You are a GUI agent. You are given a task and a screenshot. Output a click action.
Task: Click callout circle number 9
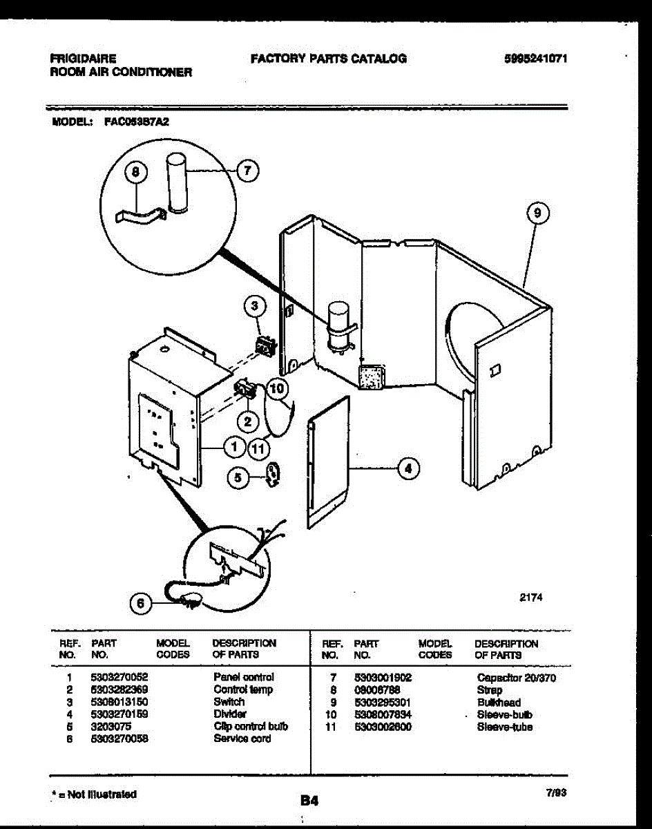coord(537,213)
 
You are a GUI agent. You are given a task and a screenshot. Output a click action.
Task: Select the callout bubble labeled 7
coord(242,171)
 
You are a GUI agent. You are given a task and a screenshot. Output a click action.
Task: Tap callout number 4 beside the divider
coord(408,468)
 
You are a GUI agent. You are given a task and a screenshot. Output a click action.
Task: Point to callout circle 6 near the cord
coord(141,603)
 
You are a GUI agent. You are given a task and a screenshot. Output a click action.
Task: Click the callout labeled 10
coord(276,389)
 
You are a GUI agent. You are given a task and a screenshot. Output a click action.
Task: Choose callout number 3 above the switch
coord(255,305)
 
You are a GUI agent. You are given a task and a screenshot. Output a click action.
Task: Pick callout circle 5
coord(238,477)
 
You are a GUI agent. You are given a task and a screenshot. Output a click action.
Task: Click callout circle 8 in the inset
coord(136,171)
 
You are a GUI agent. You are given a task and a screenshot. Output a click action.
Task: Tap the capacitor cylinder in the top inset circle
coord(177,184)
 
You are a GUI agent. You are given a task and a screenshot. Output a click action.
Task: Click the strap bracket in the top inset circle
coord(143,217)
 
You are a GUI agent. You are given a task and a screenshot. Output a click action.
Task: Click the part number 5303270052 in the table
coord(119,677)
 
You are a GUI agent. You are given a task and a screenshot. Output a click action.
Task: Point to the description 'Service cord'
coord(242,739)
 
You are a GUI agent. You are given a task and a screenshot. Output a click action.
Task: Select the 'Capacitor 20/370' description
coord(516,678)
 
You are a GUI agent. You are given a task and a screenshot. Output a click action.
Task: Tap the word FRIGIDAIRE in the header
coord(83,59)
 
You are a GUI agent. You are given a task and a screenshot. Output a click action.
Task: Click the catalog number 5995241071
coord(535,59)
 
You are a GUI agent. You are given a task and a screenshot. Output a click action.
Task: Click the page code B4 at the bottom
coord(308,801)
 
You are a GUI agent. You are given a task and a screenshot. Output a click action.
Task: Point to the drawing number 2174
coord(530,598)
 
